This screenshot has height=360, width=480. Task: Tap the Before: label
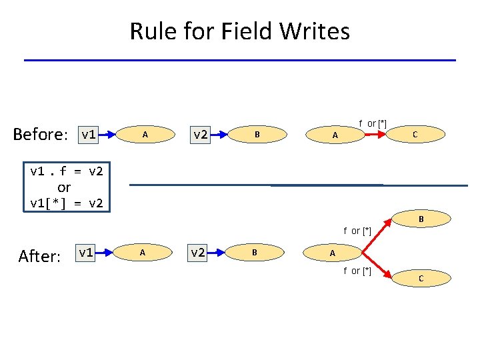39,135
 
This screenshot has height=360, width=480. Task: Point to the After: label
40,256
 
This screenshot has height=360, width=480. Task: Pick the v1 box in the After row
85,253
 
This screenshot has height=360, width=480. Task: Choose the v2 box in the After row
198,253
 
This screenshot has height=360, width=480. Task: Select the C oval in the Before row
415,135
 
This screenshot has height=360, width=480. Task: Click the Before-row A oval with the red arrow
336,135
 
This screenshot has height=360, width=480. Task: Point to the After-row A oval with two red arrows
333,253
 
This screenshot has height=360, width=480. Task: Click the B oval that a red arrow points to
421,219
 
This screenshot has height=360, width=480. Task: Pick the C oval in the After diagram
420,278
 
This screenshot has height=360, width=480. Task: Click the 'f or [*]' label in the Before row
373,123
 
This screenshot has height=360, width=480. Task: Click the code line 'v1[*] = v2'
67,203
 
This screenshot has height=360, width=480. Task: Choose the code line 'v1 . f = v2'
67,171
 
